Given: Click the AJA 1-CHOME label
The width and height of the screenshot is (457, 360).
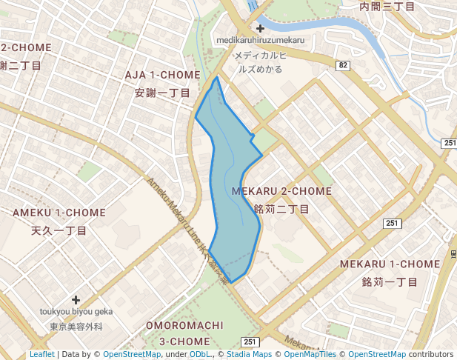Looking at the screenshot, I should coord(162,76).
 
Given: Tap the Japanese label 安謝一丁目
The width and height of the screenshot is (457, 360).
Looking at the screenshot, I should coord(162,93).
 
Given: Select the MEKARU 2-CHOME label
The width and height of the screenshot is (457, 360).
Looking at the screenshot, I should coord(281,191).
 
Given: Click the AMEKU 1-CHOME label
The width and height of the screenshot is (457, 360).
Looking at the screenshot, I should coord(59,213).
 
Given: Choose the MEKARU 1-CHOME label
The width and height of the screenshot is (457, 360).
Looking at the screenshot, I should coord(390,264).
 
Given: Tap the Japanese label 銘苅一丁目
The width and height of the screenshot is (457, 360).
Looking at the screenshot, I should coord(390,282).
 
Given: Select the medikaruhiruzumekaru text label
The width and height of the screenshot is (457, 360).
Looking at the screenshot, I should coord(260,39).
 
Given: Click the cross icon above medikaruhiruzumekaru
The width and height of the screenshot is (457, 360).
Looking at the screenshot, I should coord(260,28).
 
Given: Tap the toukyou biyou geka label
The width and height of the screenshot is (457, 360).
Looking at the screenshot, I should coord(76,312).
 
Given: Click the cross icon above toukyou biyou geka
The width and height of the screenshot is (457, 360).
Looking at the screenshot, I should coord(76,300).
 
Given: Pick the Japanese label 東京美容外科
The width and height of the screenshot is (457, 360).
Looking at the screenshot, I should coord(76,326).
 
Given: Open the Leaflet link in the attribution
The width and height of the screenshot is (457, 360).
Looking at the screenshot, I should coord(41,355).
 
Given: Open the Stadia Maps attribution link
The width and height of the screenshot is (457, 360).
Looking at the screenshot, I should coord(246,355).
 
